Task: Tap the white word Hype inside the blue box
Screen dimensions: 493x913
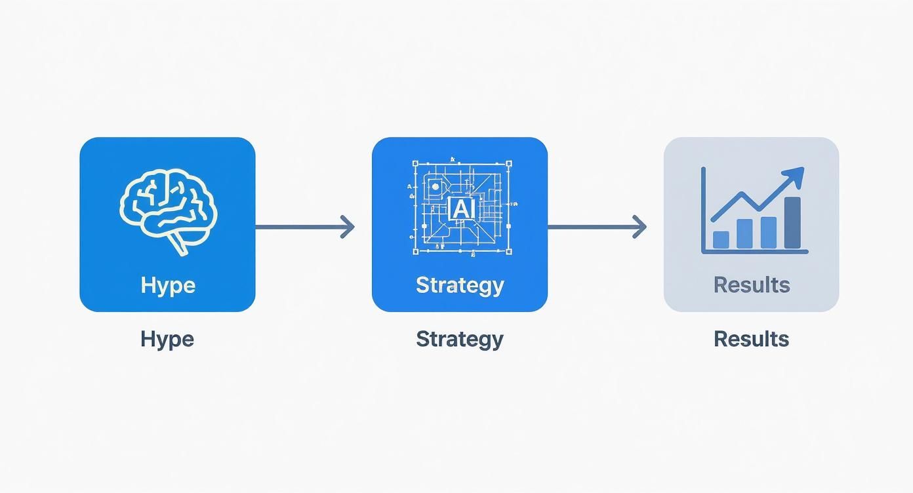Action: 168,285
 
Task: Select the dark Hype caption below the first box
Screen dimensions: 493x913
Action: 167,339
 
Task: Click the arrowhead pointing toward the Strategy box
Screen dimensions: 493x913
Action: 348,227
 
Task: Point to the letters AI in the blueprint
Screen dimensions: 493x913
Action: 462,209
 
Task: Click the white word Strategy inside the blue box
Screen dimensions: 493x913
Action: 460,285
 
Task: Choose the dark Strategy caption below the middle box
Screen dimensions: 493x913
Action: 460,339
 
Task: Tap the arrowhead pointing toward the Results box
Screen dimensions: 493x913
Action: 640,227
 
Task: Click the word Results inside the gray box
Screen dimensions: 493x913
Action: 752,285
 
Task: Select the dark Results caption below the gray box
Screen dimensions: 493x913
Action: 752,339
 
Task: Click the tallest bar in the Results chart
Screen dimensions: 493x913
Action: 792,223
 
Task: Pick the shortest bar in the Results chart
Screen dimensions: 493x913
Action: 721,240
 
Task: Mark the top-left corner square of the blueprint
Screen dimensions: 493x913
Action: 415,163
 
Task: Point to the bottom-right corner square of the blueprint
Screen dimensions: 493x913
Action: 508,250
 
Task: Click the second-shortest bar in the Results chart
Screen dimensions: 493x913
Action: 744,234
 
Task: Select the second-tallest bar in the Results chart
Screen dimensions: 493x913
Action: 769,233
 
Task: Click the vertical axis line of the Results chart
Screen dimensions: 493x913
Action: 703,209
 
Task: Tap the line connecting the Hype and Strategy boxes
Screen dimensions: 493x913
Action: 298,227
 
